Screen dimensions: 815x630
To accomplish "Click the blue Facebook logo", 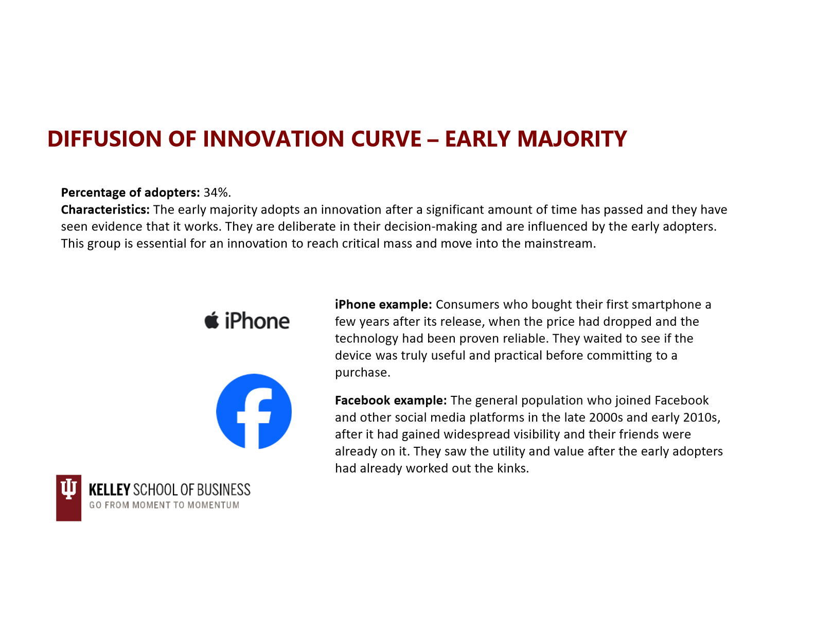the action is (254, 411).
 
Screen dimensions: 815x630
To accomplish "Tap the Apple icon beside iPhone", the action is (211, 320).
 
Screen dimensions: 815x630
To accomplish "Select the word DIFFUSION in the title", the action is (104, 139).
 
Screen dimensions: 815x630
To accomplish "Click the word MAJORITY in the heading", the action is (572, 139).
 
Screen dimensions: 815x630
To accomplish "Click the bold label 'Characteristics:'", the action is (105, 209).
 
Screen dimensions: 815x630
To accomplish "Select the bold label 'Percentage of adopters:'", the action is (131, 193).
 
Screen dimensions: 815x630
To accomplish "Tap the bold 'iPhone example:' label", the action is (383, 304).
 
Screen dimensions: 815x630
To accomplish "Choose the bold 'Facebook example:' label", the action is (391, 400).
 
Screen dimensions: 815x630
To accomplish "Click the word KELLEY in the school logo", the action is (110, 489).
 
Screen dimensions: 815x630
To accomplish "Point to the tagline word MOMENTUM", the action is (213, 505).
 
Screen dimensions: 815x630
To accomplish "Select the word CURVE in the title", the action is (386, 139).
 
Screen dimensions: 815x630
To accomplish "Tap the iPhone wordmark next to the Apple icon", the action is (257, 321).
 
